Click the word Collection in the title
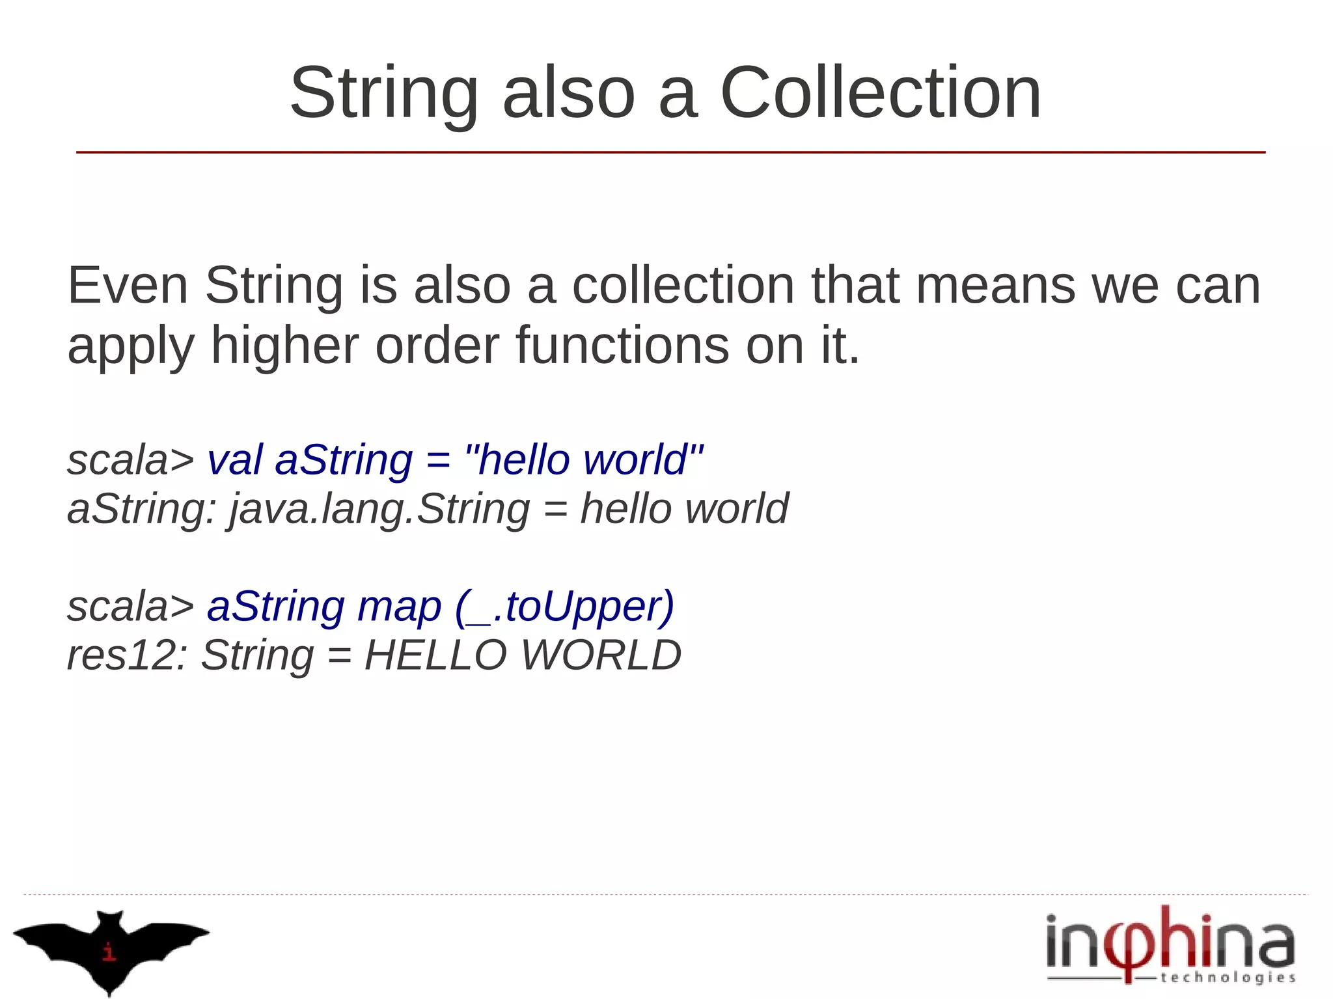tap(880, 93)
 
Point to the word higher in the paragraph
tap(284, 346)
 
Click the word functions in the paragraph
tap(622, 346)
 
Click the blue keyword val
tap(235, 459)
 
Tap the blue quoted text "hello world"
tap(584, 459)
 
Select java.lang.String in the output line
tap(379, 508)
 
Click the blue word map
tap(399, 607)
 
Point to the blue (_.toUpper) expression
tap(564, 607)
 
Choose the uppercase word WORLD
tap(601, 655)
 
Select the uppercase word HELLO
tap(435, 655)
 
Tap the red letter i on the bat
tap(109, 951)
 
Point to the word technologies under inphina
tap(1228, 978)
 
